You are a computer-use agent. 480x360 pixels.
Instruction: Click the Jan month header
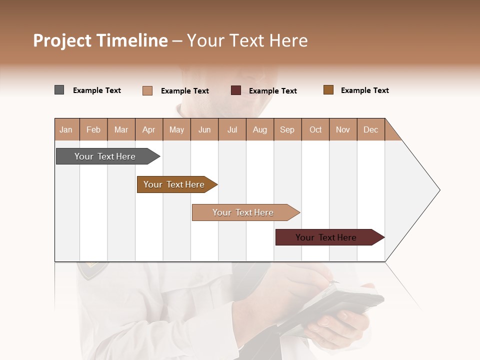point(66,129)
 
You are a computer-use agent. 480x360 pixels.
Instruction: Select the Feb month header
point(93,129)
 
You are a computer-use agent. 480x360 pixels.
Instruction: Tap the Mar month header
point(121,129)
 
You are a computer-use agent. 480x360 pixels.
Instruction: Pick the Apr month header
point(149,129)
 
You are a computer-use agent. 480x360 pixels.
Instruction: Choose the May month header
point(176,129)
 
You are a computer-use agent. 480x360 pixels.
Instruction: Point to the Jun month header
point(204,129)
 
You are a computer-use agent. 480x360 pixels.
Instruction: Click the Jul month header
point(232,129)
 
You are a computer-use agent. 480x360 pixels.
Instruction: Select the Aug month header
point(260,129)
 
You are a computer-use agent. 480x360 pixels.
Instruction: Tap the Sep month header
point(287,129)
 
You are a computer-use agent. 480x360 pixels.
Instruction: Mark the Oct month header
point(315,129)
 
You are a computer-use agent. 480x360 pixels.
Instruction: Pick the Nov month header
point(343,129)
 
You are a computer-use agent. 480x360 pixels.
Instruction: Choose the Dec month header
point(370,129)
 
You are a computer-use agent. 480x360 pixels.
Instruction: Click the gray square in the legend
point(59,90)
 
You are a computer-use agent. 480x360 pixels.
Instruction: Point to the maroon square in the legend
point(236,90)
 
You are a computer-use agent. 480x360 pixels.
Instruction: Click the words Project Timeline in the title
point(100,40)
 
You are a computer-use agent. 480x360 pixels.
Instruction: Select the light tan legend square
point(147,90)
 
